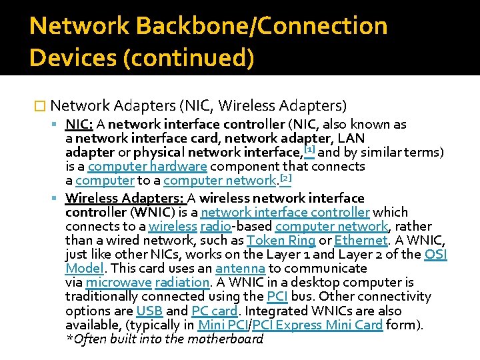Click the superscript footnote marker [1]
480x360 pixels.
click(309, 149)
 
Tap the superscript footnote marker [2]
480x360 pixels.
click(285, 177)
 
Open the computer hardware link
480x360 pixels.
click(147, 166)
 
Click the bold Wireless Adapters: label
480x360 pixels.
click(125, 198)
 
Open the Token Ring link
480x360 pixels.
click(281, 241)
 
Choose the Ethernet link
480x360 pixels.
click(361, 241)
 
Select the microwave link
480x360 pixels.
click(119, 283)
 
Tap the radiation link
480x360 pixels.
click(181, 283)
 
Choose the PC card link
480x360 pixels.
click(215, 311)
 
